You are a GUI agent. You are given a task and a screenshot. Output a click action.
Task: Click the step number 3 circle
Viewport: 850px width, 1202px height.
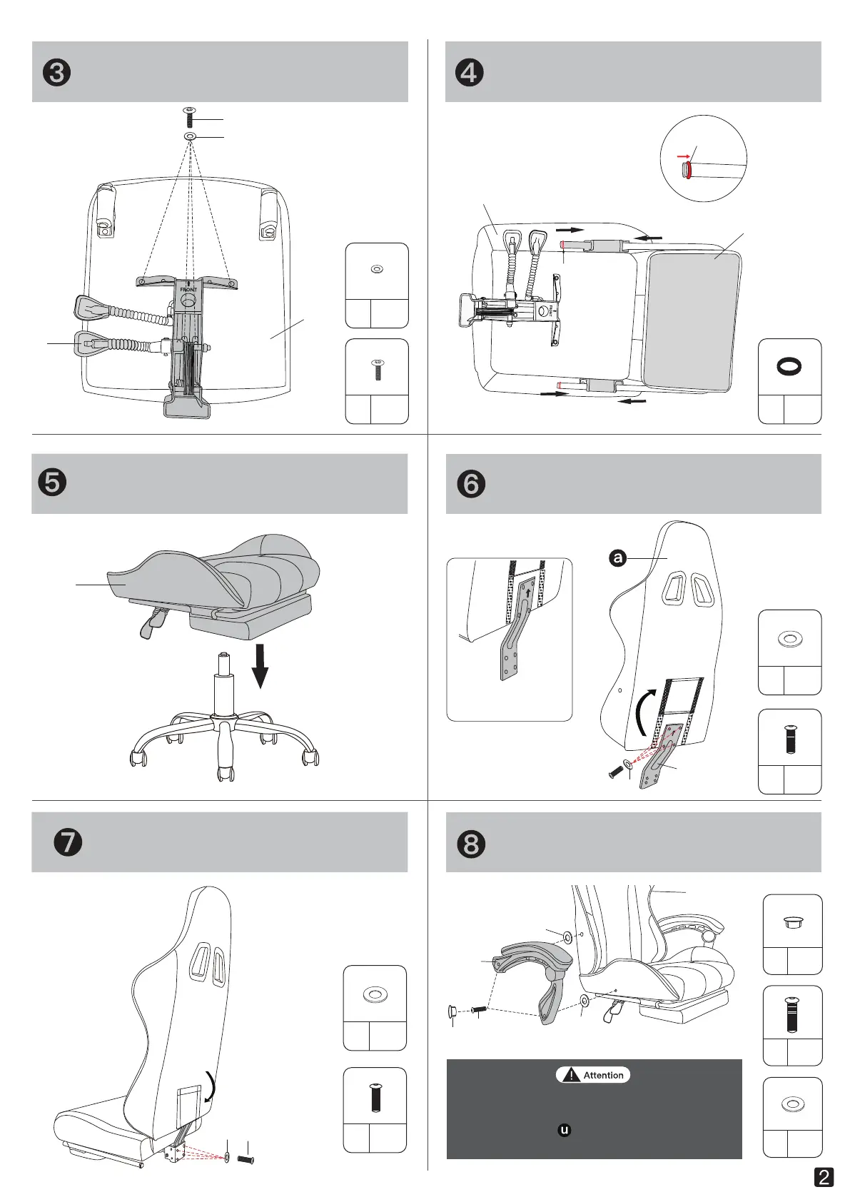coord(56,72)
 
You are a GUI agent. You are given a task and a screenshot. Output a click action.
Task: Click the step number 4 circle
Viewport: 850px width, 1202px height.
coord(469,72)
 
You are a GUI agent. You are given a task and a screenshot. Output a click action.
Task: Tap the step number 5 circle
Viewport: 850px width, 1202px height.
coord(52,483)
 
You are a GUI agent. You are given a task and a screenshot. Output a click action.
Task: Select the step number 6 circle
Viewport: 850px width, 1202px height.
coord(470,484)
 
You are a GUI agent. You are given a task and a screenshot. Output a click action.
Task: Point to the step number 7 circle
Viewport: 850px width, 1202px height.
coord(68,842)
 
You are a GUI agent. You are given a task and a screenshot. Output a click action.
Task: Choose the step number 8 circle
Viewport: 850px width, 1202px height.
coord(470,844)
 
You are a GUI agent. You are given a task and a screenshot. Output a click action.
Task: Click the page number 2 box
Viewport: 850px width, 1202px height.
coord(824,1177)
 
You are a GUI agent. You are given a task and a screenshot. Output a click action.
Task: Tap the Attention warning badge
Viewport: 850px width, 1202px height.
coord(592,1075)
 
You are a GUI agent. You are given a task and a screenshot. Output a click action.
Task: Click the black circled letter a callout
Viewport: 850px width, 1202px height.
coord(617,559)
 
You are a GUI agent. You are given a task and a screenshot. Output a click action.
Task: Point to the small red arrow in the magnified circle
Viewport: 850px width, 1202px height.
coord(683,157)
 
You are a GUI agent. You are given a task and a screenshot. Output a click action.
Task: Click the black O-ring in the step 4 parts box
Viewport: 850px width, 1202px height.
coord(789,366)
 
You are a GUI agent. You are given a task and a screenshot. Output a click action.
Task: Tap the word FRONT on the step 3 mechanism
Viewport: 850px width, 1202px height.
coord(188,290)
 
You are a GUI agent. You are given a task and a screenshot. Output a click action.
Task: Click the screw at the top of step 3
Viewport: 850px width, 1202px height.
coord(188,117)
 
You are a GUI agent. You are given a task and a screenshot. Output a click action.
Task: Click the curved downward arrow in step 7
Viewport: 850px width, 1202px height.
coord(211,1086)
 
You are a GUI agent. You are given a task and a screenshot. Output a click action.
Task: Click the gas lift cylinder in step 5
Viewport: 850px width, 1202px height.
coord(224,686)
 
